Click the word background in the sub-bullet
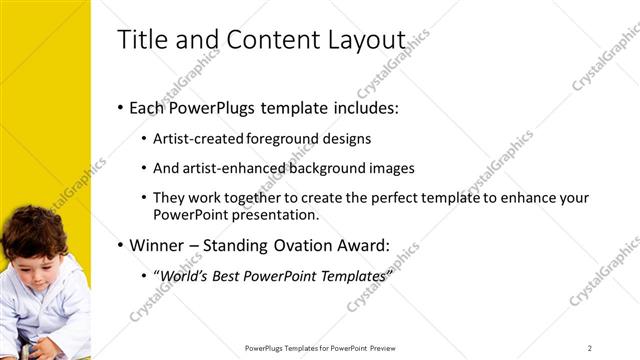[326, 168]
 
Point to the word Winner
[157, 244]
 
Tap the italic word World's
[188, 275]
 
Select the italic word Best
[236, 275]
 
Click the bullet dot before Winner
[121, 245]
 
